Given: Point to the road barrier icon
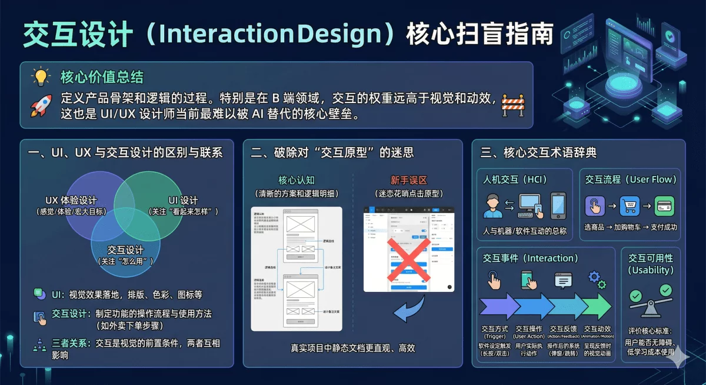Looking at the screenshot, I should pyautogui.click(x=512, y=105).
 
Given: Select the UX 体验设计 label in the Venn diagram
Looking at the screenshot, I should pyautogui.click(x=71, y=200).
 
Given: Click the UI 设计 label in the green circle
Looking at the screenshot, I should pyautogui.click(x=183, y=200).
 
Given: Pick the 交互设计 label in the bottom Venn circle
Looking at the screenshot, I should pyautogui.click(x=125, y=250).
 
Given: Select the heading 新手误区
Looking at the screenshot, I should pyautogui.click(x=408, y=180).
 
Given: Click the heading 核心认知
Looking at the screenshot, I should pyautogui.click(x=297, y=180).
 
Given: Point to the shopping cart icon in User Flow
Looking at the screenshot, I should pyautogui.click(x=630, y=206).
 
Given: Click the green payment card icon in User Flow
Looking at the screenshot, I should pyautogui.click(x=664, y=206).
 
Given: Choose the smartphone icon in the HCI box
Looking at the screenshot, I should pyautogui.click(x=557, y=205).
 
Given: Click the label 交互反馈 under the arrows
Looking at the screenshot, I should pyautogui.click(x=564, y=328).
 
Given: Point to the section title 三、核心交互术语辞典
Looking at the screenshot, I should pyautogui.click(x=538, y=153).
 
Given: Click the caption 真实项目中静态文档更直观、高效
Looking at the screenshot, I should pyautogui.click(x=352, y=348).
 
